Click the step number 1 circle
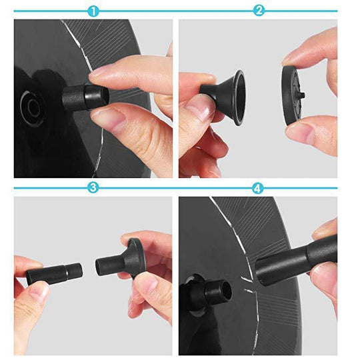[93, 11]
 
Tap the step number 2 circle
[259, 11]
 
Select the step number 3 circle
[93, 189]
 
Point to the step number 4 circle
[259, 189]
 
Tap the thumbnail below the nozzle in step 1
[107, 119]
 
